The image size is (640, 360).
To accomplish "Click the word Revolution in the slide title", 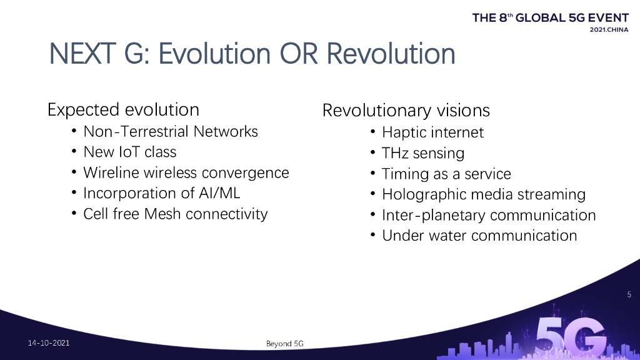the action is [391, 54].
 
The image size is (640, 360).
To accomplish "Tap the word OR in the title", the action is [298, 54].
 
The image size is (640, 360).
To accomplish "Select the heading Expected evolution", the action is [123, 110].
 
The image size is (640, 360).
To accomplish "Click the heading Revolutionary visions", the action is [406, 111].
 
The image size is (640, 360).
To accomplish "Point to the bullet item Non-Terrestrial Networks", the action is [171, 131].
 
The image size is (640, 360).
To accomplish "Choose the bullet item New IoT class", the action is [130, 152].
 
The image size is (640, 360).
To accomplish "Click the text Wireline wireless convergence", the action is [186, 172].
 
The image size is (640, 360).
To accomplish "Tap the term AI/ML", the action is [219, 193].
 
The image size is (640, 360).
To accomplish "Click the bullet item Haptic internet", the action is [432, 132].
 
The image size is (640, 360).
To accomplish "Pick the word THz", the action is [395, 153].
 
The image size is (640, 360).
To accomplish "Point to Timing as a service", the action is [446, 174].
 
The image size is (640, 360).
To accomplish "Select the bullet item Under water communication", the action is [479, 236].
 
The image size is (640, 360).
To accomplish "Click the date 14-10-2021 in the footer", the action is [49, 343].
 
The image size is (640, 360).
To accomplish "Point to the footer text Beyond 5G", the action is [285, 344].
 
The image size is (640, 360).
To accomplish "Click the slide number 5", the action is [629, 294].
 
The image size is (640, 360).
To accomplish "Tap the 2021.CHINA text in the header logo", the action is [609, 30].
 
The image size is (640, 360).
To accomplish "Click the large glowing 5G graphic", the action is [571, 337].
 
